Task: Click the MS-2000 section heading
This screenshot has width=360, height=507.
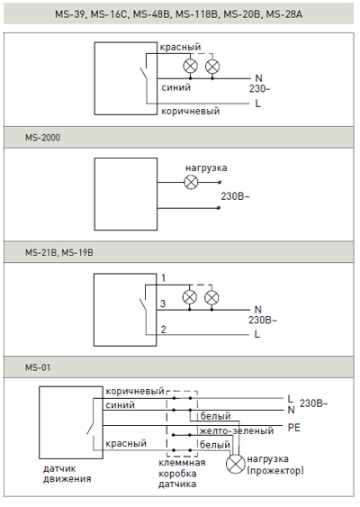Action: click(x=42, y=138)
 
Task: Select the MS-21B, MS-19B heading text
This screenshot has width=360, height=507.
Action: click(x=59, y=252)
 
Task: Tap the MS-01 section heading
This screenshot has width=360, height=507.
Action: click(x=38, y=367)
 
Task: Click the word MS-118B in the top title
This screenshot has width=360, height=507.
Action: click(x=196, y=14)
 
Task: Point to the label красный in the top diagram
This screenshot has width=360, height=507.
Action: click(x=180, y=47)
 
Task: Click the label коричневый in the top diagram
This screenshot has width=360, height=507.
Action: click(x=190, y=112)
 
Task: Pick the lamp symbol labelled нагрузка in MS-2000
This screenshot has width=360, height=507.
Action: click(x=191, y=182)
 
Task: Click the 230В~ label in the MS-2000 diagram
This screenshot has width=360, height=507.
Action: click(x=235, y=196)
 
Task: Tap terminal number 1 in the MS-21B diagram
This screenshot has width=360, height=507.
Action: click(x=164, y=277)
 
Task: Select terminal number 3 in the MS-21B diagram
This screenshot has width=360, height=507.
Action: click(x=163, y=303)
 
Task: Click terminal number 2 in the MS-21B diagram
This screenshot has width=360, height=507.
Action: click(x=164, y=330)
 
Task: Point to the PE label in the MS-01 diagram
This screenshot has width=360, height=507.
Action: click(x=294, y=428)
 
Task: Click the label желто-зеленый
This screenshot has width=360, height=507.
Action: click(x=237, y=430)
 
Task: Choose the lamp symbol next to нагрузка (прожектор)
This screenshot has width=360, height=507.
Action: click(x=236, y=465)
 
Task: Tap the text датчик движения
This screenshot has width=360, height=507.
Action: click(x=67, y=474)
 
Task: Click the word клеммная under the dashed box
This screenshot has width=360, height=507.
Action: click(x=182, y=463)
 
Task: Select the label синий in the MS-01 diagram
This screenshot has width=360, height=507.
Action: click(x=120, y=405)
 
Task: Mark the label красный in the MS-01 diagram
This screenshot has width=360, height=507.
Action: click(x=126, y=443)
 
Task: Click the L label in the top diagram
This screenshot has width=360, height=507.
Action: click(x=257, y=104)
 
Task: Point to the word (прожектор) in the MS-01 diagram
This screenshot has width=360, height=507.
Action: click(x=275, y=470)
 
